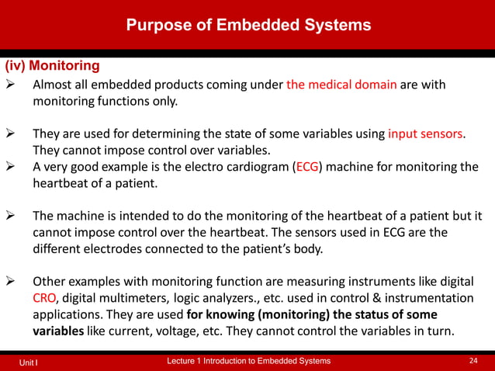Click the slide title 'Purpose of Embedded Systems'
248,25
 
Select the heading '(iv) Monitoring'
53,66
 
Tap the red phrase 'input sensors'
426,133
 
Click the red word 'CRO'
43,298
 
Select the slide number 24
473,361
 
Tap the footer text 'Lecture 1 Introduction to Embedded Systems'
248,361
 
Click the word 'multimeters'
151,298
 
